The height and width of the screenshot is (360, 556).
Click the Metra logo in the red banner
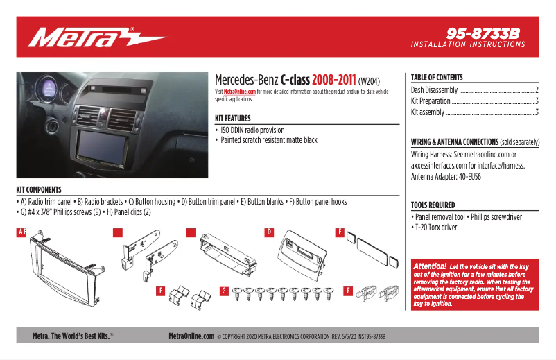[x=97, y=37]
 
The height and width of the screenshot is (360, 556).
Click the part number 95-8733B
[x=483, y=33]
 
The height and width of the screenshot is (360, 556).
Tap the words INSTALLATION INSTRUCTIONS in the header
[x=468, y=44]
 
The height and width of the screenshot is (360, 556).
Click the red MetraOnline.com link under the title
[x=240, y=92]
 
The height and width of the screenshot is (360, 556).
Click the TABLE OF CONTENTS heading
[x=437, y=78]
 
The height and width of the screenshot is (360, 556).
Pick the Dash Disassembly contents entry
[x=435, y=90]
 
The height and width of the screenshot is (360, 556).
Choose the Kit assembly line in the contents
[x=428, y=112]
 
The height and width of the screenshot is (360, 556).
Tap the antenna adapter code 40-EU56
[x=467, y=177]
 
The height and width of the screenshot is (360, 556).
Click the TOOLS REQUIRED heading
[x=433, y=205]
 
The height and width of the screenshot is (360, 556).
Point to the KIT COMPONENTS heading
[x=39, y=189]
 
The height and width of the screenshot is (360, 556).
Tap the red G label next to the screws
[x=225, y=291]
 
